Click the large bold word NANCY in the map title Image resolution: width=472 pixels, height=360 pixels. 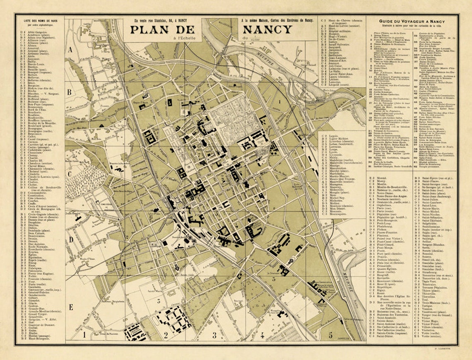click(x=267, y=30)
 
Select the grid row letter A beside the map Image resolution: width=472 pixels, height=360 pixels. click(x=70, y=50)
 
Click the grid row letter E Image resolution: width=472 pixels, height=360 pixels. click(x=70, y=307)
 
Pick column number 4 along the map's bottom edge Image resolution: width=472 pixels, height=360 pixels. click(x=262, y=335)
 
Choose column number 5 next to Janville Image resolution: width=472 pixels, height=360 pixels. click(x=330, y=335)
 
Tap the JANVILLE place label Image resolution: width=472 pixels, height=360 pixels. click(x=347, y=338)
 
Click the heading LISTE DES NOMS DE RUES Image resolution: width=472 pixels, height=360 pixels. click(x=41, y=20)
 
